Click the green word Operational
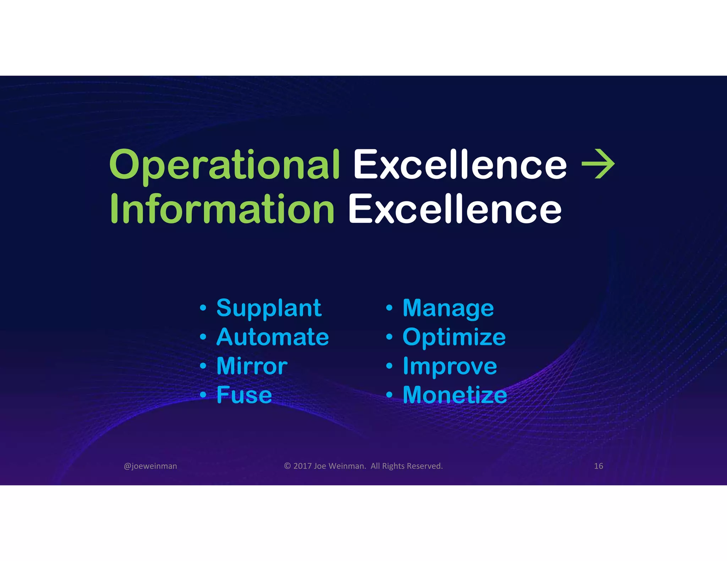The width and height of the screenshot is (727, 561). pos(224,165)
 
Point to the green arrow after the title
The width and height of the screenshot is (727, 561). pos(598,164)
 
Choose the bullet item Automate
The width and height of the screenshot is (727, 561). pos(273,337)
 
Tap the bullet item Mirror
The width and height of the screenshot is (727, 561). pos(252,366)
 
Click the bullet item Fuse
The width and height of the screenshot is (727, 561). pos(244,395)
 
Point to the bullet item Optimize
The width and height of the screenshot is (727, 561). pos(454,337)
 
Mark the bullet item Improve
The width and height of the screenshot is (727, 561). pos(450,366)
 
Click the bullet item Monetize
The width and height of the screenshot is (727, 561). pos(455,395)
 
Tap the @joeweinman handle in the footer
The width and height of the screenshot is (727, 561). pos(150,466)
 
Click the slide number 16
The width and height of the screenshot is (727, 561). pos(598,466)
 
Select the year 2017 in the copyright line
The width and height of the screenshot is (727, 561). pos(302,466)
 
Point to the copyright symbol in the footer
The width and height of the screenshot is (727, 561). pos(288,466)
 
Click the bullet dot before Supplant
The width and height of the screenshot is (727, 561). pos(203,308)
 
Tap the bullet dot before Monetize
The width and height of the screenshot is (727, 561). pos(389,395)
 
